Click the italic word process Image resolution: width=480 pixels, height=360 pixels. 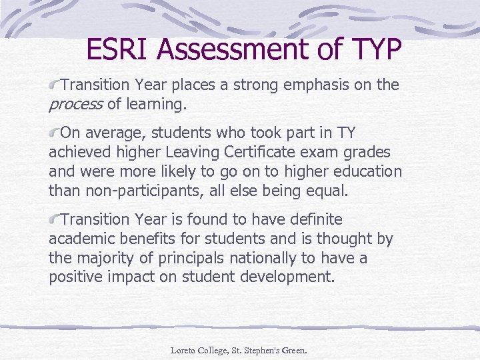pyautogui.click(x=75, y=105)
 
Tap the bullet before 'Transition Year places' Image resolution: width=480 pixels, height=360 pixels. pyautogui.click(x=55, y=85)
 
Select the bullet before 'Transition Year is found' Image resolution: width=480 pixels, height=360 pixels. pyautogui.click(x=55, y=219)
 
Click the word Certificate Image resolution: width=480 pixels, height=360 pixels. pyautogui.click(x=248, y=153)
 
